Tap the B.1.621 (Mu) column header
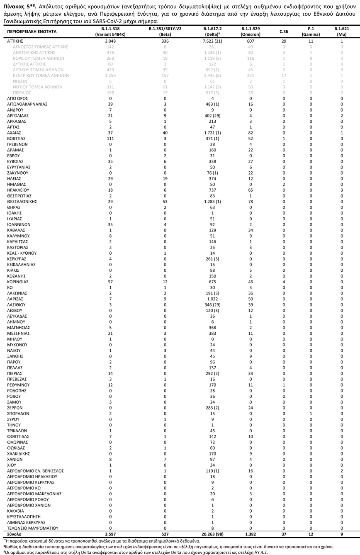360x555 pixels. click(342, 32)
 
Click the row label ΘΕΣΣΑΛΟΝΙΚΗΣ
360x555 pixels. click(22, 202)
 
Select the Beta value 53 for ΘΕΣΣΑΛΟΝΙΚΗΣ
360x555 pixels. click(165, 202)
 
